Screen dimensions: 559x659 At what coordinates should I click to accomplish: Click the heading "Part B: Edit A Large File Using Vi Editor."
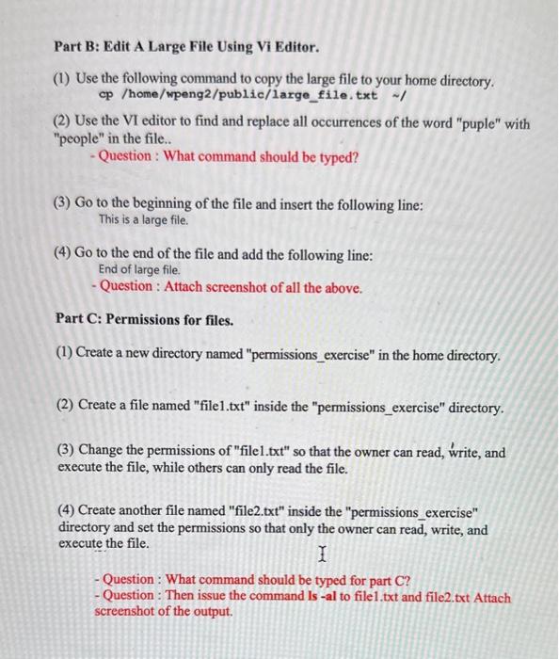tap(185, 46)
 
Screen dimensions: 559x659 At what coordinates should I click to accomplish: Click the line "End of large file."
tap(140, 269)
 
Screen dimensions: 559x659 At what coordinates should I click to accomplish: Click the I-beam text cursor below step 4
tap(323, 554)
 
